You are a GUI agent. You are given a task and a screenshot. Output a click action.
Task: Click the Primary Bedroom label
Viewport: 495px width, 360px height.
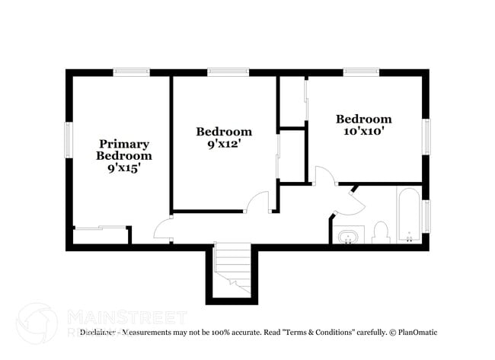point(123,149)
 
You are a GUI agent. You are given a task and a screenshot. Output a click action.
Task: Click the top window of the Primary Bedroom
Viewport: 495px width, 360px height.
point(132,72)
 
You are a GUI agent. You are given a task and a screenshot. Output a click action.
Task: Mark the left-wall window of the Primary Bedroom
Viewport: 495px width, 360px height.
point(69,140)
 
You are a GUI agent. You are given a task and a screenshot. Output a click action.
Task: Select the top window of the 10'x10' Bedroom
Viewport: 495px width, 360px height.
point(361,72)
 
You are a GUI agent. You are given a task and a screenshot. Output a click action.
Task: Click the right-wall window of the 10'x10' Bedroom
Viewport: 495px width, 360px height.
point(427,137)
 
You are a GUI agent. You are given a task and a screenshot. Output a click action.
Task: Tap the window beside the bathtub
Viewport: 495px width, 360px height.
point(427,215)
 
